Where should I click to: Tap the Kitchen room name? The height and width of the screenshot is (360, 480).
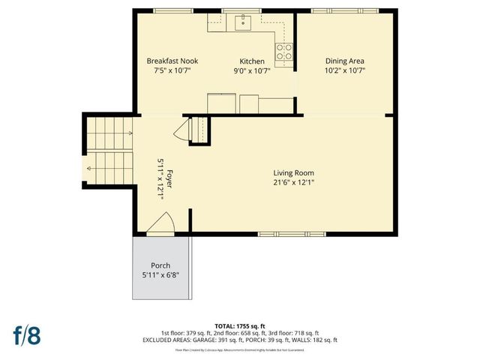pos(251,61)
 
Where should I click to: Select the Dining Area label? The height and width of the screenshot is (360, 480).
pos(345,61)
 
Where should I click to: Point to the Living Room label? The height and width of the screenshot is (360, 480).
pos(292,172)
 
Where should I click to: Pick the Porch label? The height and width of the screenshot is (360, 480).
pos(160,265)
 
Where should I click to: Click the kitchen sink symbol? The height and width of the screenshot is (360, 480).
pos(243,22)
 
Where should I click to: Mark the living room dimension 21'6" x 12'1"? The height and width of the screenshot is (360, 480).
pos(292,181)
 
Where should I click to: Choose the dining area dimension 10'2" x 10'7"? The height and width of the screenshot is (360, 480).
pos(345,70)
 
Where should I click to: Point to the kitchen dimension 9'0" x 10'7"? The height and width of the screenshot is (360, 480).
pos(251,70)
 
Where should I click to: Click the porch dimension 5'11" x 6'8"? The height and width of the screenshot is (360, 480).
pos(160,275)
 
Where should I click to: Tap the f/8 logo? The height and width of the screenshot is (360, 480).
pos(26,334)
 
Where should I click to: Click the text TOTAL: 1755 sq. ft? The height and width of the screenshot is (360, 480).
pos(240,326)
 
